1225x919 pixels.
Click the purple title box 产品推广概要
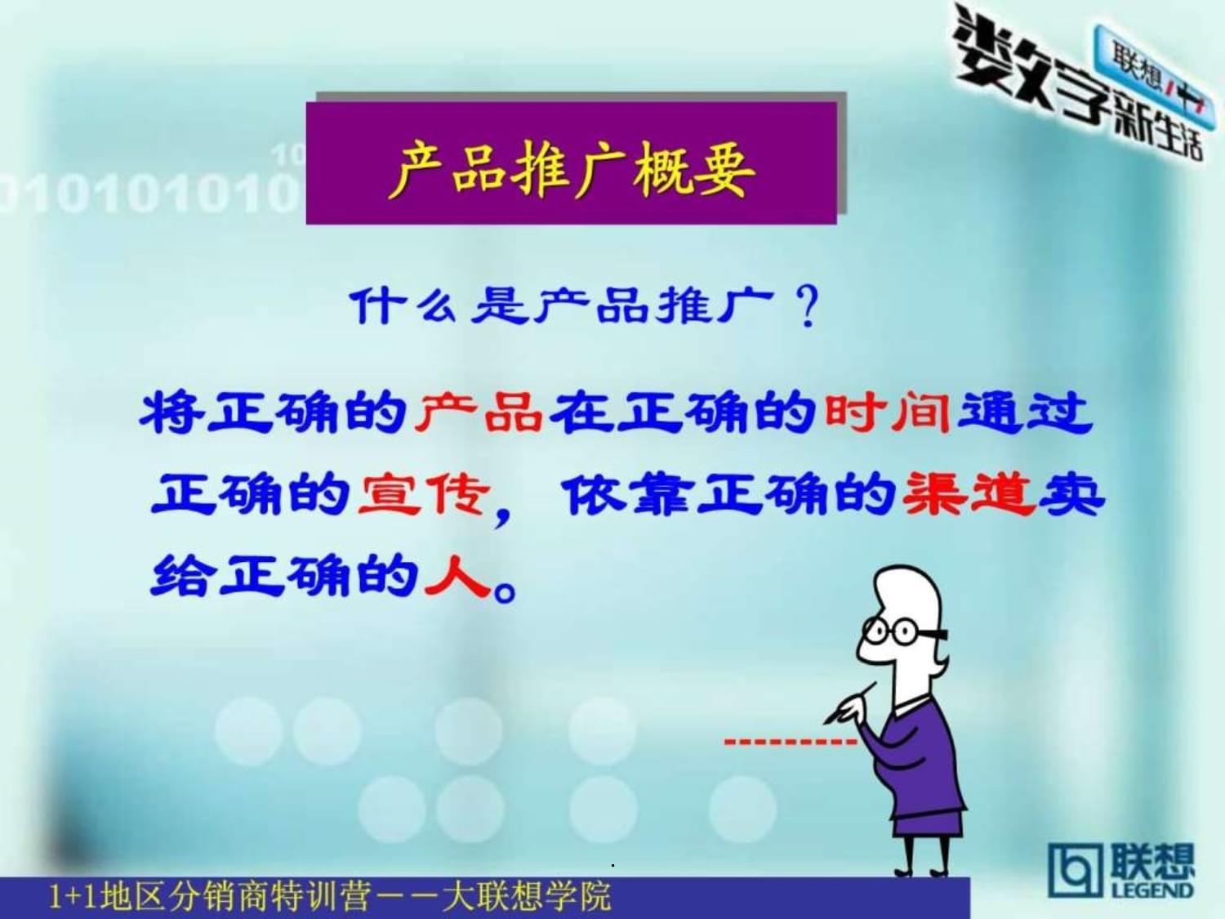(x=572, y=163)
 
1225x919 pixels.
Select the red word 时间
(x=888, y=413)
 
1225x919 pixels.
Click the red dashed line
(x=790, y=742)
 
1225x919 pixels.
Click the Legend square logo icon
(x=1074, y=872)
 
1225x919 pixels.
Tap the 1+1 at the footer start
(x=67, y=897)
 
